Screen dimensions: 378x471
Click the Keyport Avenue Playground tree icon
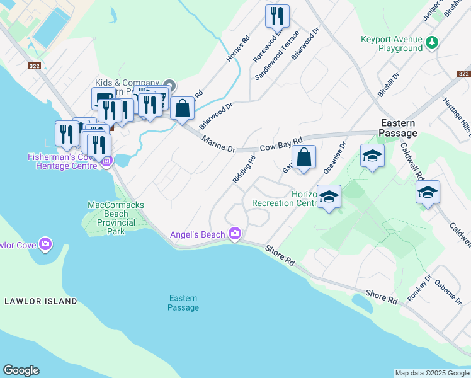coord(431,43)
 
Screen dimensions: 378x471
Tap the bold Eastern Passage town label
coord(398,128)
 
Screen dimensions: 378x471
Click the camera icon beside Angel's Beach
coord(235,234)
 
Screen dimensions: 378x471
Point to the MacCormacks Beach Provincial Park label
coord(111,214)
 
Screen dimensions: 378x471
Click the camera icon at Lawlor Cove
coord(45,243)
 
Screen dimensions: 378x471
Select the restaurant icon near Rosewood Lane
coord(277,15)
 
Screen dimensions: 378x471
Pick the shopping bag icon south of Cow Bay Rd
coord(304,157)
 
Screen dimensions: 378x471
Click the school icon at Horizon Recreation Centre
coord(329,197)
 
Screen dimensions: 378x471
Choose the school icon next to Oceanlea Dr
coord(372,156)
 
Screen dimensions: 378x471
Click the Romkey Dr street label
coord(419,287)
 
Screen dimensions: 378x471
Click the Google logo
coord(21,370)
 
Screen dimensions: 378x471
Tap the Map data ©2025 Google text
coord(432,373)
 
